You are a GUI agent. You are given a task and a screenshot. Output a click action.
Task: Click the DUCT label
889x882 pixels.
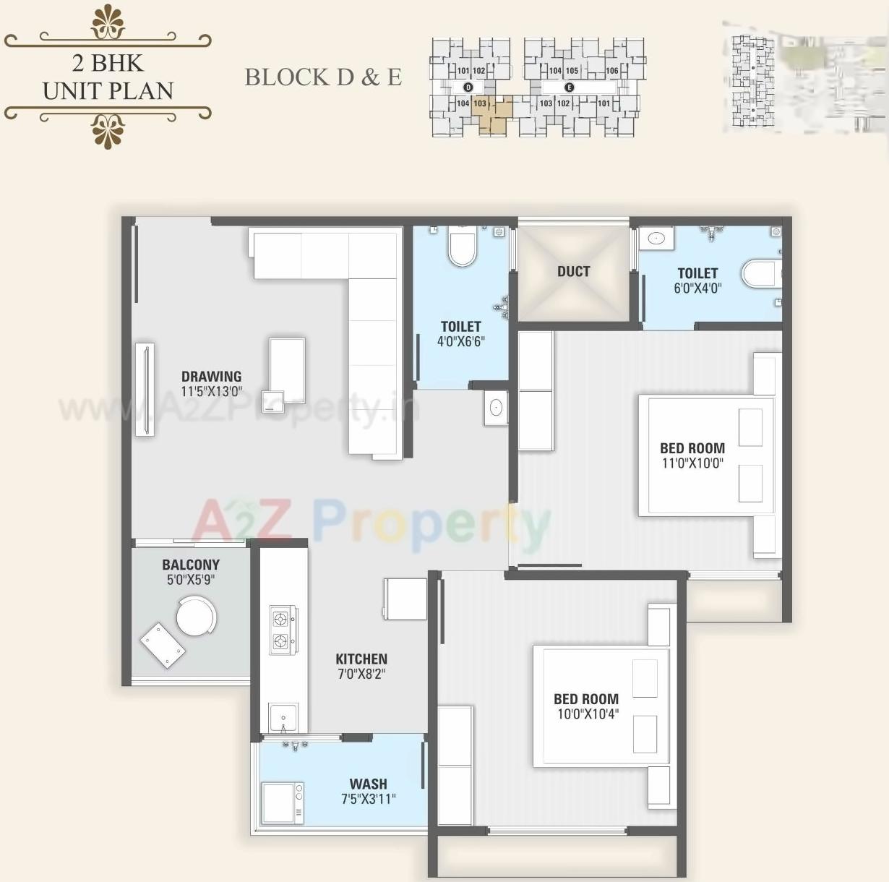573,272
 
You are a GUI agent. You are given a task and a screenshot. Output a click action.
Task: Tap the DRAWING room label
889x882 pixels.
211,376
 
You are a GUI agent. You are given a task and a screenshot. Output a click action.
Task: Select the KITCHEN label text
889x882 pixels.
361,659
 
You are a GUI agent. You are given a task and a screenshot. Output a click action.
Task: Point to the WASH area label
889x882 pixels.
368,784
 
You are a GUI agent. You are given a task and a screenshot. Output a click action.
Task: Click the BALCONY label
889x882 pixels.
191,565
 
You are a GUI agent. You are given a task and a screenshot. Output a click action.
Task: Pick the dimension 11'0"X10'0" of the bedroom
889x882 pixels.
692,463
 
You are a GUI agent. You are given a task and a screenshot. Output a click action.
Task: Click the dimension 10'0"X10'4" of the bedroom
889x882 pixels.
587,714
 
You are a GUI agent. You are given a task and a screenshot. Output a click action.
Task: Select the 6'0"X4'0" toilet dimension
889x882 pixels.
697,288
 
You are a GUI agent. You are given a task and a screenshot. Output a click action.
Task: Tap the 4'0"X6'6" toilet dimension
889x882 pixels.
460,341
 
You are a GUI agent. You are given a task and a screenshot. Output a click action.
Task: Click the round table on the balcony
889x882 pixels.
196,616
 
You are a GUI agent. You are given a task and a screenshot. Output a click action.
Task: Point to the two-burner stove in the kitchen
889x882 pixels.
281,630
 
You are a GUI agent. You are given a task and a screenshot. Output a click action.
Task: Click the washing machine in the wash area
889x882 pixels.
282,802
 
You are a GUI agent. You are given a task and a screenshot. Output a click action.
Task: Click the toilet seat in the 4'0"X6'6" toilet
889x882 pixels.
463,248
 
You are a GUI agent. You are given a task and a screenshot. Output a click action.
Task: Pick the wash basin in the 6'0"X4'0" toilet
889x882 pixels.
656,239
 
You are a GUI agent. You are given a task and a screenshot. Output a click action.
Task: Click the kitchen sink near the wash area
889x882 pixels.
283,717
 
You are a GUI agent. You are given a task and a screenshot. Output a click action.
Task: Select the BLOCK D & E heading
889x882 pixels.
323,77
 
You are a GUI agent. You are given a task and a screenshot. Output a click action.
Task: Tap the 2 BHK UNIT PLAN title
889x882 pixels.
108,77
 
